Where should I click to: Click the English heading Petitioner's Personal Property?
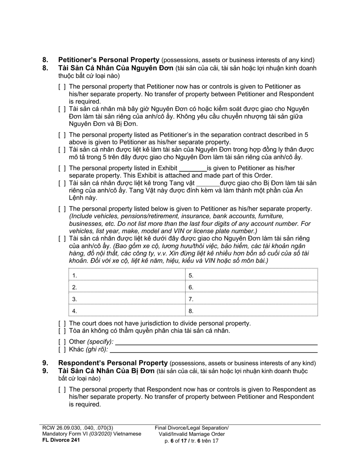click(x=108, y=60)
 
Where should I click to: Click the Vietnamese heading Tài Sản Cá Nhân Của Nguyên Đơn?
click(x=116, y=68)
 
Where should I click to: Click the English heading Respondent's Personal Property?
click(x=113, y=363)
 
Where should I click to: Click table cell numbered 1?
click(x=127, y=275)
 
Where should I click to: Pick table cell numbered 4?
click(x=127, y=311)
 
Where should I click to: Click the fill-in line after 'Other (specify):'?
click(x=216, y=342)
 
